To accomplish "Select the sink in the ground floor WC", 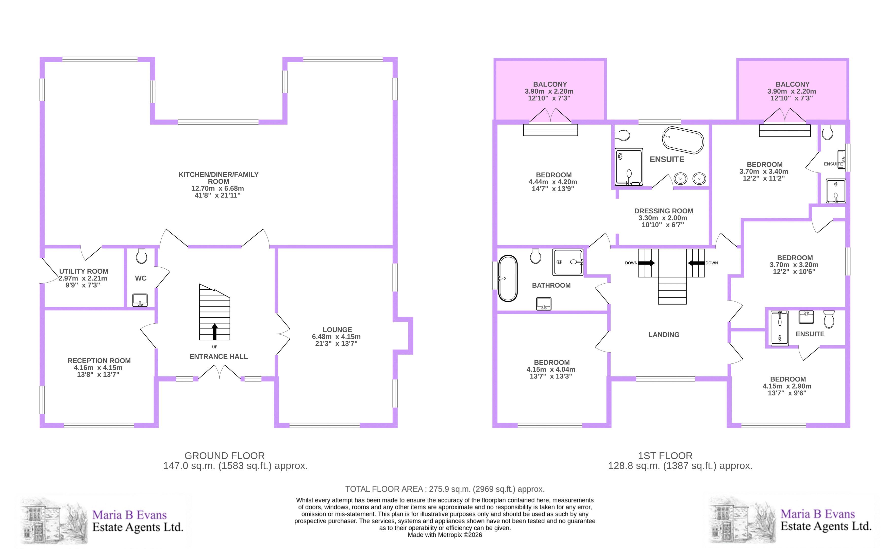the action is (140, 300).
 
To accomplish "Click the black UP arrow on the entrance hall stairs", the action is (214, 332).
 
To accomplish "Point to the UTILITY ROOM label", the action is (84, 271).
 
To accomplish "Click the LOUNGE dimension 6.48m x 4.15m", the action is (336, 337).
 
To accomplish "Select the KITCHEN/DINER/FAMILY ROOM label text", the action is (219, 178).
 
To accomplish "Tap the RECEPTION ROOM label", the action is (99, 361).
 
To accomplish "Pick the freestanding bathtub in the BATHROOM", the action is (508, 278).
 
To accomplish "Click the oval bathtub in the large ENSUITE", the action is (683, 140).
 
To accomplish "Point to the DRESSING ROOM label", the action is (664, 211).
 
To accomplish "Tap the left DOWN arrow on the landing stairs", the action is (646, 263).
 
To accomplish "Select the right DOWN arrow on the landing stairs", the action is (696, 263).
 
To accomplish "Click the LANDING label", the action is (664, 335).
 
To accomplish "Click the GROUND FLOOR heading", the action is (224, 456).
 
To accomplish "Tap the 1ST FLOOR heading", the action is (665, 456).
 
